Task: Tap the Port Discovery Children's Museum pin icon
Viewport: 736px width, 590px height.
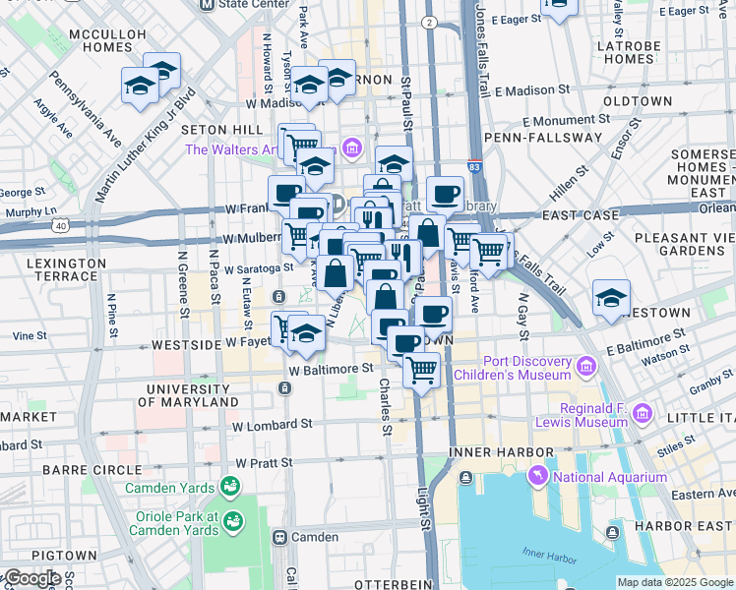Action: [x=586, y=368]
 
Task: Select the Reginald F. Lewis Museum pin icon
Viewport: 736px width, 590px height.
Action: [x=643, y=411]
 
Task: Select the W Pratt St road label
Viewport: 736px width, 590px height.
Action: [x=264, y=461]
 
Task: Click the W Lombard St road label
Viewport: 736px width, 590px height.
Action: [x=273, y=424]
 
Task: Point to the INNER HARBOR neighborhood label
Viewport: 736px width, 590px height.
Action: [x=489, y=451]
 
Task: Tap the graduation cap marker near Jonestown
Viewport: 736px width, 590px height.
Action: [x=611, y=298]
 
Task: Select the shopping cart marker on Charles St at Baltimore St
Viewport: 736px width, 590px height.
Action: [x=421, y=372]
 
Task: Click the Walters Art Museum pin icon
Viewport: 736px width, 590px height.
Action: [x=351, y=149]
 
